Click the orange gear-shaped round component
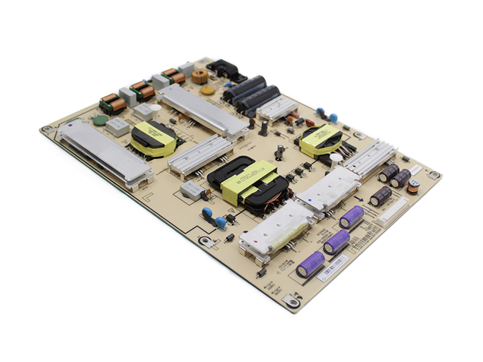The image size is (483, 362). pos(200,76)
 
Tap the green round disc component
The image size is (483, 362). pos(100,120)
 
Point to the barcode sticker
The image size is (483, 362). pos(332,268)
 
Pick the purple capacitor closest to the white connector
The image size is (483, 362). pos(351,217)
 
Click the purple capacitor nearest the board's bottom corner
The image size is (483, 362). pos(310,264)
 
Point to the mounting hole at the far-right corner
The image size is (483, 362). pos(435,175)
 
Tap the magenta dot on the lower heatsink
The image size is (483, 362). pos(256,243)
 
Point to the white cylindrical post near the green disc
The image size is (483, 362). pos(155,110)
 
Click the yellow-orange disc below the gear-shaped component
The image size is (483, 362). pos(207,90)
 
